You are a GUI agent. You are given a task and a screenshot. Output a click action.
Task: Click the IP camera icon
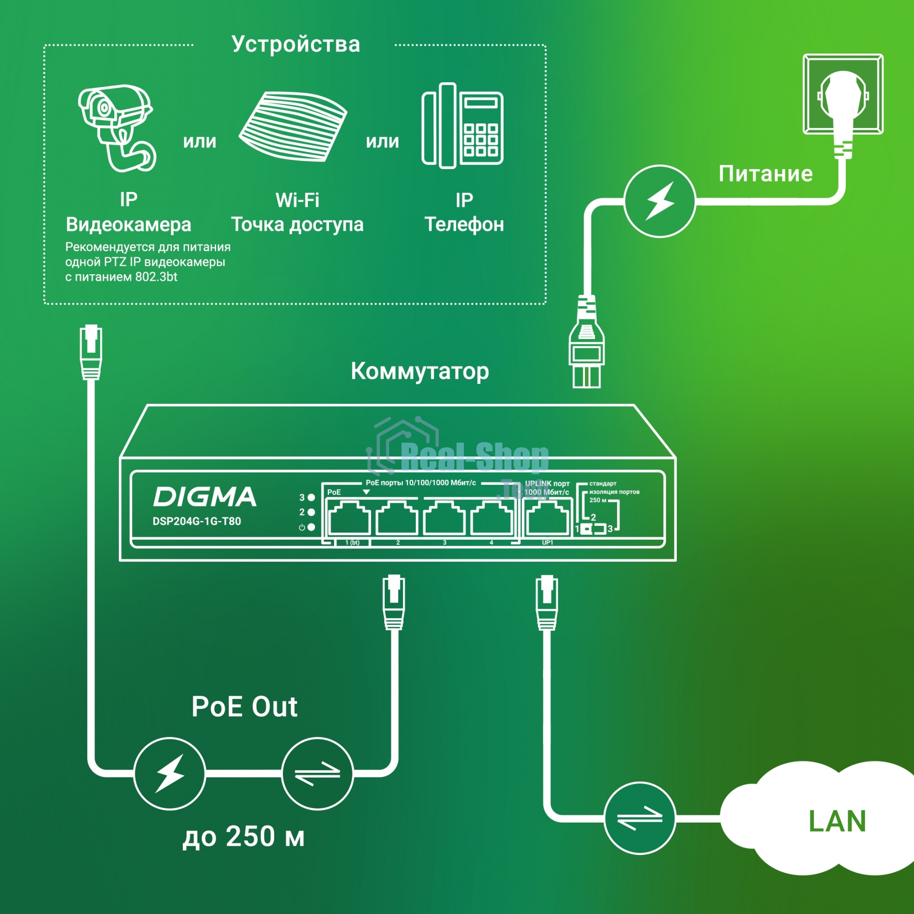click(116, 128)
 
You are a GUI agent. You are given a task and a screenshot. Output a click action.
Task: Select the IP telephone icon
click(462, 126)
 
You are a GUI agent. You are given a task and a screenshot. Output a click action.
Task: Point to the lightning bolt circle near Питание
click(659, 201)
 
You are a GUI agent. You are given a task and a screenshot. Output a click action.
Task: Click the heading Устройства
click(296, 44)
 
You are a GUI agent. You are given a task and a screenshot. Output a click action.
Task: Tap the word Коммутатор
click(420, 372)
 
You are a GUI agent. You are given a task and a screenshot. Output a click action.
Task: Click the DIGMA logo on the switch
click(204, 497)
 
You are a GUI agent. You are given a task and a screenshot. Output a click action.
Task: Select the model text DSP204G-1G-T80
click(197, 521)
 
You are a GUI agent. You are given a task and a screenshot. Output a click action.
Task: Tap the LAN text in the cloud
click(837, 821)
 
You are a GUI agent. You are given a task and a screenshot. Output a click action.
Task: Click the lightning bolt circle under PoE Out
click(170, 774)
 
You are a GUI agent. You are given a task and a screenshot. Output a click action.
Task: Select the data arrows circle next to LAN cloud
click(640, 818)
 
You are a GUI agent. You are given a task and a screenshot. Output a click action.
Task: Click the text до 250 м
click(244, 836)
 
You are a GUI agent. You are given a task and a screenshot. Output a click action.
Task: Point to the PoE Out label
click(244, 707)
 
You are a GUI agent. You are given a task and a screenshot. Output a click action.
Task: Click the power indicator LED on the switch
click(311, 527)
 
